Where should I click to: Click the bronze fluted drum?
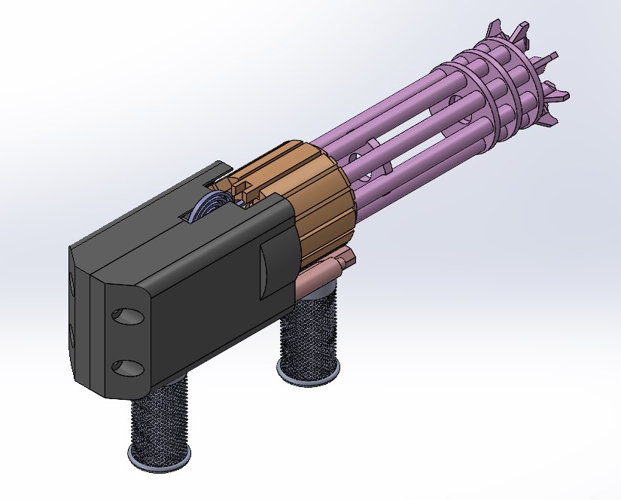(x=320, y=200)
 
